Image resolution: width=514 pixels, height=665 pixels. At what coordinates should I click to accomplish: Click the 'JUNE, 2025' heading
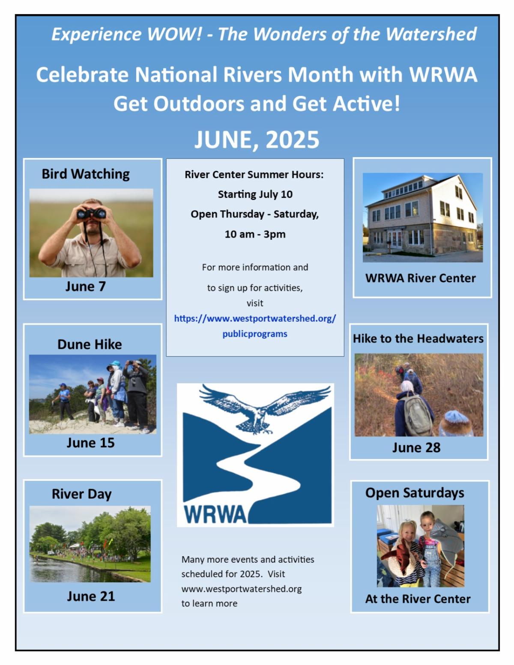(257, 140)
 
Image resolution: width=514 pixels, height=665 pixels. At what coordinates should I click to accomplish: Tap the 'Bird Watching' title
(86, 174)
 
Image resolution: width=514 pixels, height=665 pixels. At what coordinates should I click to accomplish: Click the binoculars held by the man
(91, 213)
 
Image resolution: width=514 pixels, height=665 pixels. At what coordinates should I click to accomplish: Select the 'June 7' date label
(85, 286)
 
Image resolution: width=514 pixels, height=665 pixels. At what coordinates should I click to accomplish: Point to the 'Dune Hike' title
(90, 344)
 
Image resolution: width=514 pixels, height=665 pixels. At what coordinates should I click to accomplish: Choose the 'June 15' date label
(91, 443)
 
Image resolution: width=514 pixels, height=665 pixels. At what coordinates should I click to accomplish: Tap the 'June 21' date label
(91, 596)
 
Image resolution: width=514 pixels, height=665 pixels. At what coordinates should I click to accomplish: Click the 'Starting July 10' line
(255, 194)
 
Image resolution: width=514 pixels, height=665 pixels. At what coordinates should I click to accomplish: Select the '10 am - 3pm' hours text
(255, 234)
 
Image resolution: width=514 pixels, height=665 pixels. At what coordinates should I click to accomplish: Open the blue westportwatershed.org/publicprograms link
(255, 326)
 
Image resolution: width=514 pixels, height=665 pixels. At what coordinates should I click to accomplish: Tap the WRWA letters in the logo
(215, 514)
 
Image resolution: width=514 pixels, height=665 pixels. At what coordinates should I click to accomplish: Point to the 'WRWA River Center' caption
(420, 278)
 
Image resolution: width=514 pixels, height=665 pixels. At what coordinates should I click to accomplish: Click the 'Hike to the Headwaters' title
(418, 338)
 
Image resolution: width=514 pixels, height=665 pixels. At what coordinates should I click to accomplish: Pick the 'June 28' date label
(416, 448)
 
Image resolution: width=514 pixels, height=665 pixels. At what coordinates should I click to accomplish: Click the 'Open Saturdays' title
(415, 493)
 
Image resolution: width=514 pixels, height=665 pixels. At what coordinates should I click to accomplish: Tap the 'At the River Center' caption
(418, 599)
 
